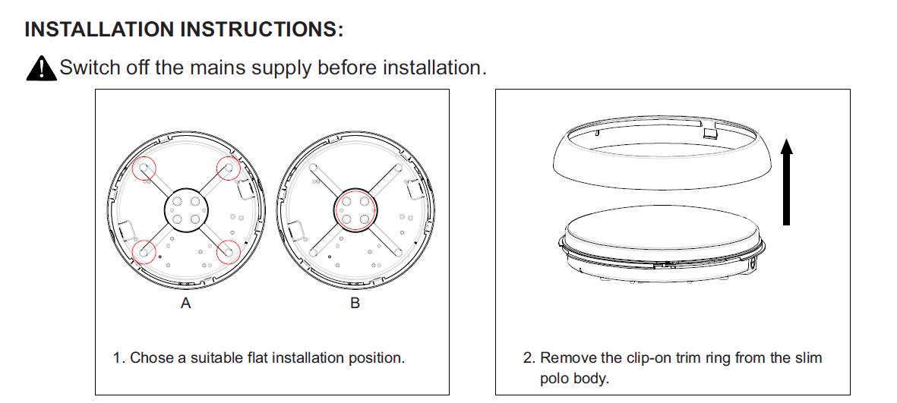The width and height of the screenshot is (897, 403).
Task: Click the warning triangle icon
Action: [41, 68]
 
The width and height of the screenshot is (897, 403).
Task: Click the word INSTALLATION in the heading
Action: [99, 30]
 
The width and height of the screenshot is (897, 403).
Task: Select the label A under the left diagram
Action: [185, 304]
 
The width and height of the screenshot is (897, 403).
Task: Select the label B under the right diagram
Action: [355, 304]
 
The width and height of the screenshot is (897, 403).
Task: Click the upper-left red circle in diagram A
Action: [144, 168]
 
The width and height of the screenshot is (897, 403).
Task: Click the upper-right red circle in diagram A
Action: [229, 168]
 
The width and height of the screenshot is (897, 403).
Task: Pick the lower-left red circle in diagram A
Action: [144, 251]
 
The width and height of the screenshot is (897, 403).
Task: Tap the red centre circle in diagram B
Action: [355, 210]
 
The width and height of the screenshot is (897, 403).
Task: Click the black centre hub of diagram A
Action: [186, 210]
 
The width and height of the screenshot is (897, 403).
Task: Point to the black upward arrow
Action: [787, 182]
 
